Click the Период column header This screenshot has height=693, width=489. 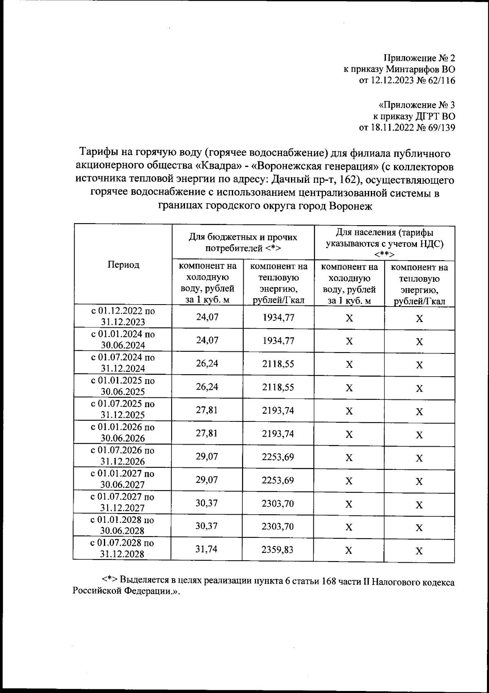pos(123,265)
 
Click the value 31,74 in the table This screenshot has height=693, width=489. pos(207,549)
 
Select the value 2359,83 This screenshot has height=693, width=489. pos(278,549)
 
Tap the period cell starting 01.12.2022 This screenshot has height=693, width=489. pos(123,316)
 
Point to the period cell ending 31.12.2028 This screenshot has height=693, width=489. pos(123,548)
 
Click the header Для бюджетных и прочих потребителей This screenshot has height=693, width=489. pos(243,243)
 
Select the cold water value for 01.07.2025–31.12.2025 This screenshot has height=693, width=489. pos(207,410)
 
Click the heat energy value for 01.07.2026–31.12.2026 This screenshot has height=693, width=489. pos(278,456)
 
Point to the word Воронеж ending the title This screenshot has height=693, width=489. pos(351,206)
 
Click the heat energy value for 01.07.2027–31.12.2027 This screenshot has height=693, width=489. pos(278,503)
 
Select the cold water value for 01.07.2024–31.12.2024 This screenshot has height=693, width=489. pos(207,363)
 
